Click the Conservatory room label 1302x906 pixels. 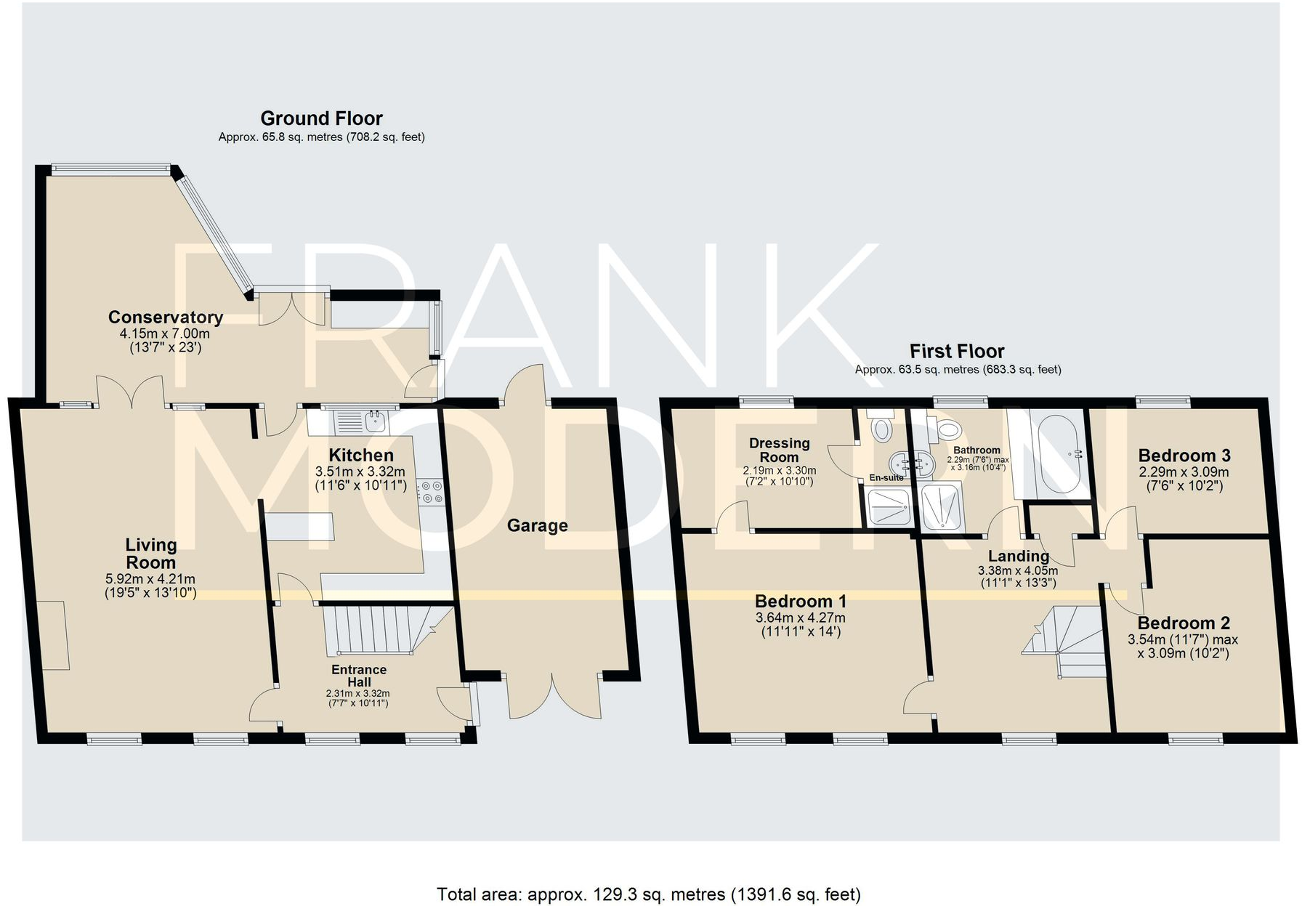(165, 317)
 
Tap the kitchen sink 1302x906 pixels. (360, 421)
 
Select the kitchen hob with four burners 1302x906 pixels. (430, 492)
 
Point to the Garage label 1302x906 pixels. (537, 525)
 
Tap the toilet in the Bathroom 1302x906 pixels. (947, 429)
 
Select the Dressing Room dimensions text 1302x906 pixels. (779, 476)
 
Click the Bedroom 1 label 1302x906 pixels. (800, 601)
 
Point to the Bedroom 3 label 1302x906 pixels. (1184, 456)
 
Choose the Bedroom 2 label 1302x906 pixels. (1183, 623)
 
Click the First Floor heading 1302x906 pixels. (956, 352)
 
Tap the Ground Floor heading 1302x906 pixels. (321, 118)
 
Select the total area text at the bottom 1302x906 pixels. (648, 894)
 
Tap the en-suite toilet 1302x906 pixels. (881, 428)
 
